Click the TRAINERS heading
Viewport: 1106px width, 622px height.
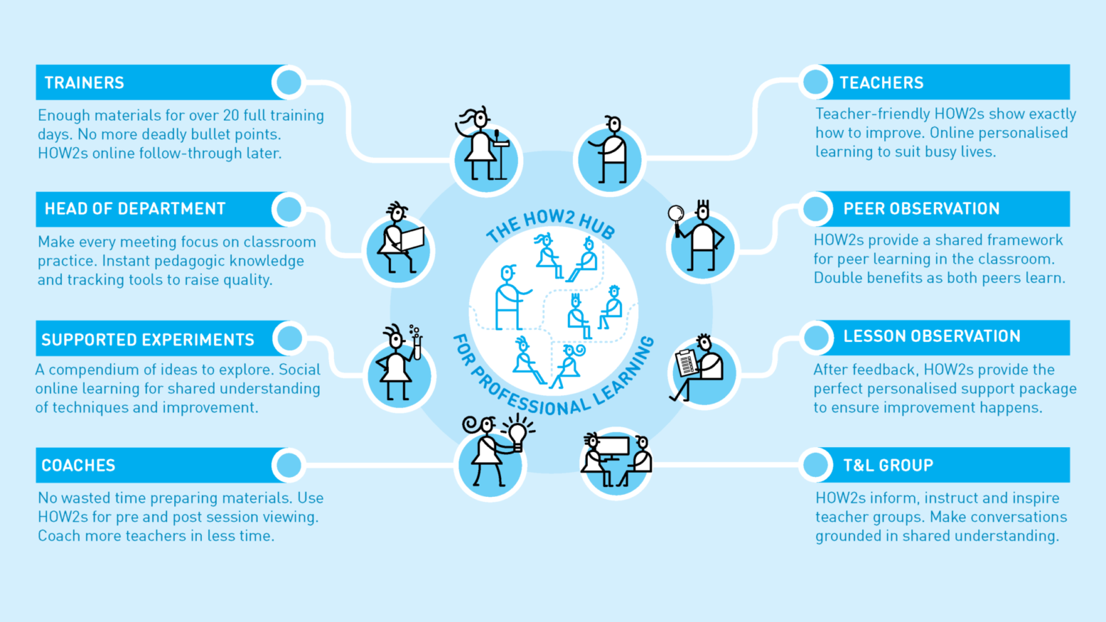click(x=84, y=83)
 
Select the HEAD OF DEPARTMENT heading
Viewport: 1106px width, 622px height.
click(x=135, y=209)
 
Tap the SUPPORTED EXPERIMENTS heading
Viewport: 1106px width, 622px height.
click(x=148, y=339)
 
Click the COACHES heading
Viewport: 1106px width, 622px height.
click(x=78, y=465)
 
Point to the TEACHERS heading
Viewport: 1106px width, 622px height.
click(x=881, y=83)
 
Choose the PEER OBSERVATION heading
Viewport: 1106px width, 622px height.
click(x=921, y=209)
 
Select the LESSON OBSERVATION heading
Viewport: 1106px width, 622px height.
click(x=932, y=336)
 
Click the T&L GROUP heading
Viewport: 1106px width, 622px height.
click(x=888, y=465)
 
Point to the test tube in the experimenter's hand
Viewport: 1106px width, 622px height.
click(x=417, y=346)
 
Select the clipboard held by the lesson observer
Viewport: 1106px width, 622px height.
click(x=686, y=363)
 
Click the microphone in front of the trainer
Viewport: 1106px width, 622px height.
click(x=497, y=136)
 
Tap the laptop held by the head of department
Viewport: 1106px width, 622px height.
click(x=412, y=239)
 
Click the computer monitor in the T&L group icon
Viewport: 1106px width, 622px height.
click(x=612, y=446)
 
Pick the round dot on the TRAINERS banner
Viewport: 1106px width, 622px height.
click(x=289, y=82)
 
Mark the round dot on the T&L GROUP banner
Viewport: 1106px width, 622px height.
click(x=816, y=465)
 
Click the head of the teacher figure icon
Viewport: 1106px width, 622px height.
click(x=614, y=124)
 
